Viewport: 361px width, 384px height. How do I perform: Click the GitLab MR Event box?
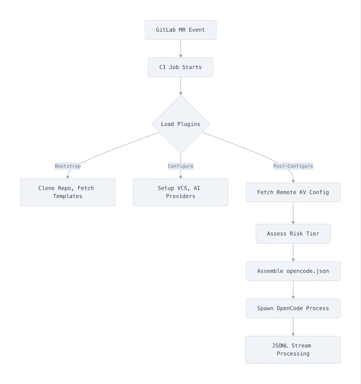180,30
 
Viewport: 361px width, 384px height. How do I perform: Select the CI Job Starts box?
180,67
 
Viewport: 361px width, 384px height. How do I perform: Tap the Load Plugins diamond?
181,124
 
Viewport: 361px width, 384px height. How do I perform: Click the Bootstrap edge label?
68,166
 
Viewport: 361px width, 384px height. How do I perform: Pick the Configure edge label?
180,166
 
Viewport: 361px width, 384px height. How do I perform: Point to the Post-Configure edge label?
293,166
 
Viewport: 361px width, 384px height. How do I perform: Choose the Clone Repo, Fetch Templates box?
68,192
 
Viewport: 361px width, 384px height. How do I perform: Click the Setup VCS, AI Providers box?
180,192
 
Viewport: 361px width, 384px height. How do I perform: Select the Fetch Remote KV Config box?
293,192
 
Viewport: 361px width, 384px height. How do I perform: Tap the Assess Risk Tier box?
293,234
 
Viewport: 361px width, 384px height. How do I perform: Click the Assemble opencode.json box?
293,271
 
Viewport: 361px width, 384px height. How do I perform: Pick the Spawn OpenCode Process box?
293,308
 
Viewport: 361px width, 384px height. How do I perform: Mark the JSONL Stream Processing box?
293,350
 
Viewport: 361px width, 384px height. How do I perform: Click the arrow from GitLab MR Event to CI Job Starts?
181,49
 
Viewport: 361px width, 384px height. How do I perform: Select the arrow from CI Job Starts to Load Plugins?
181,86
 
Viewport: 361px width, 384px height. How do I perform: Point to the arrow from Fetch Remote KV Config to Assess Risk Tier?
293,213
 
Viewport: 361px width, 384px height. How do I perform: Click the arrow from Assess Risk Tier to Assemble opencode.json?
293,252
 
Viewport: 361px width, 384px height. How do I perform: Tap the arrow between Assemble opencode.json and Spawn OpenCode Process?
293,290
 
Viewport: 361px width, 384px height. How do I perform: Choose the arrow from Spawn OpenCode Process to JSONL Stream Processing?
293,327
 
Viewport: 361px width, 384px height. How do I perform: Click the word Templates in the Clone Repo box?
68,196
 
